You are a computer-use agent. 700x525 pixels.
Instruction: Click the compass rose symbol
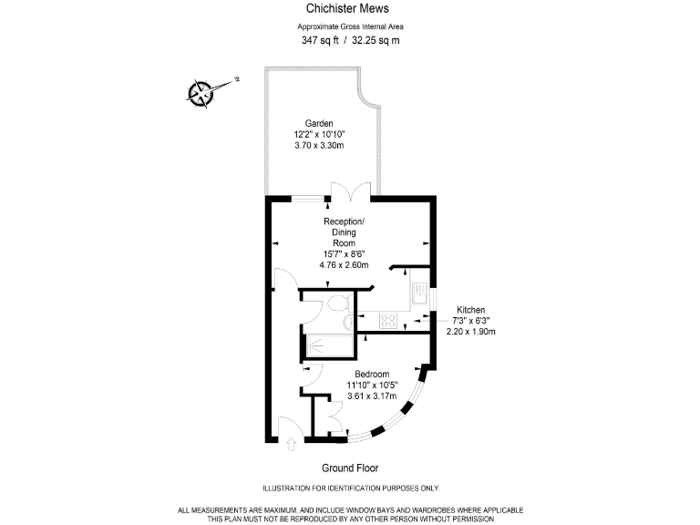[201, 91]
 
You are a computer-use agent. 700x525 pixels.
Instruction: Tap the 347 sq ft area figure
[320, 41]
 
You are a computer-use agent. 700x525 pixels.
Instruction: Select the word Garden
[319, 123]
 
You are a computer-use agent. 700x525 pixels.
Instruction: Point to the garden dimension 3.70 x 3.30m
[319, 147]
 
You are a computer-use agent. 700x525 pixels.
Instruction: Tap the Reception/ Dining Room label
[344, 232]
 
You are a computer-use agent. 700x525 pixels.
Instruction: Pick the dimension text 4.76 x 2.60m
[344, 265]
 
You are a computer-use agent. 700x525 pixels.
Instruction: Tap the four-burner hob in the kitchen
[387, 320]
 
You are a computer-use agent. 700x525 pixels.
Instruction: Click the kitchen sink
[419, 293]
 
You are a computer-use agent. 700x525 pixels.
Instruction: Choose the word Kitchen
[471, 310]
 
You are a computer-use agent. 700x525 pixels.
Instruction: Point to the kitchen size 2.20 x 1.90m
[471, 332]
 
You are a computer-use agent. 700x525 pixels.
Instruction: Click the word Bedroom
[372, 375]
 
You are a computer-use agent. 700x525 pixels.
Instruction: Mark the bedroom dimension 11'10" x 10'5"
[372, 386]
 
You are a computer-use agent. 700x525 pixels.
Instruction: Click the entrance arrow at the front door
[291, 446]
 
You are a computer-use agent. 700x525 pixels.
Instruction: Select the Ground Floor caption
[349, 468]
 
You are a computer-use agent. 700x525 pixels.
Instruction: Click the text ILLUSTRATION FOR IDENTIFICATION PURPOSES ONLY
[350, 489]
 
